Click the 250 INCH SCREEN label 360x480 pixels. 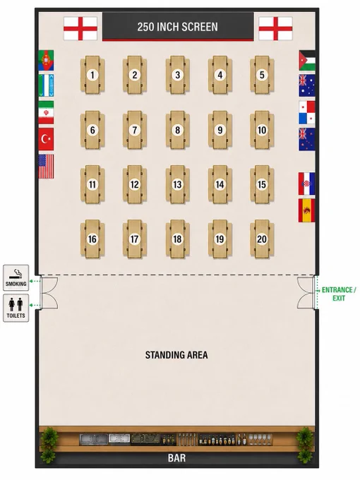pyautogui.click(x=178, y=27)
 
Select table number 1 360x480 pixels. pyautogui.click(x=92, y=75)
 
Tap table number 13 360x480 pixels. pyautogui.click(x=178, y=185)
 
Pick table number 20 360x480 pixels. pyautogui.click(x=262, y=239)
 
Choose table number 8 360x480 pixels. pyautogui.click(x=178, y=130)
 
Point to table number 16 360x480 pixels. pyautogui.click(x=92, y=239)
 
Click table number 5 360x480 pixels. pyautogui.click(x=262, y=75)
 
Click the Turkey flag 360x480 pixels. pyautogui.click(x=46, y=139)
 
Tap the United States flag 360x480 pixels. pyautogui.click(x=46, y=167)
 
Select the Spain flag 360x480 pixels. pyautogui.click(x=307, y=210)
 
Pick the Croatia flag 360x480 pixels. pyautogui.click(x=307, y=184)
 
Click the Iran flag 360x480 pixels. pyautogui.click(x=46, y=112)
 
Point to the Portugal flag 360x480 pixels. pyautogui.click(x=46, y=61)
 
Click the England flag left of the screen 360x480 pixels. pyautogui.click(x=80, y=29)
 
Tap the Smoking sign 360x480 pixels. pyautogui.click(x=16, y=277)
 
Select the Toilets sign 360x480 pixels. pyautogui.click(x=16, y=308)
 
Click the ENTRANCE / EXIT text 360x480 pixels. pyautogui.click(x=339, y=294)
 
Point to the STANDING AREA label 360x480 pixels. pyautogui.click(x=176, y=355)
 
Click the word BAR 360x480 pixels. pyautogui.click(x=176, y=458)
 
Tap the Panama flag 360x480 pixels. pyautogui.click(x=307, y=113)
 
